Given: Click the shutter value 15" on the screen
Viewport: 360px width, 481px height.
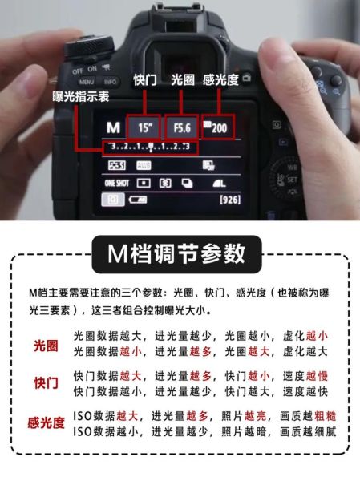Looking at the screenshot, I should [145, 127].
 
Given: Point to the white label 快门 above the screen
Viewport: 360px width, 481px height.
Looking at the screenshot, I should [145, 82].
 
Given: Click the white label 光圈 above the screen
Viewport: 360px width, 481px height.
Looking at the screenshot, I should [184, 82].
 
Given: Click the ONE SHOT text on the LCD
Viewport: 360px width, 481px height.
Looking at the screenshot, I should [116, 183].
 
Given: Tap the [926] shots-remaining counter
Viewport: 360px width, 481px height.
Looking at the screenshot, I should [230, 199].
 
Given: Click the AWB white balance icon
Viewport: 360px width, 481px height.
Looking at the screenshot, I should [144, 165].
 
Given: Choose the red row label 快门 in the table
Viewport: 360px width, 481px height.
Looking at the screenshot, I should [45, 383].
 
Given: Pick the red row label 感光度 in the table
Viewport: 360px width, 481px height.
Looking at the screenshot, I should [45, 423].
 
